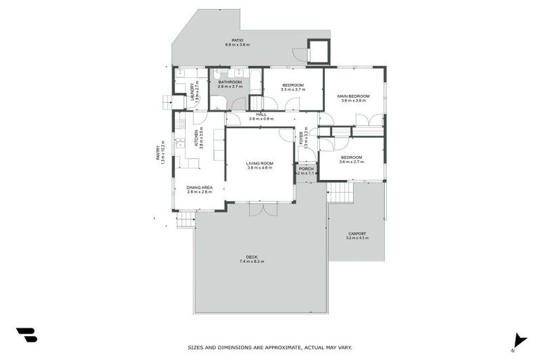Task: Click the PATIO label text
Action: tap(238, 40)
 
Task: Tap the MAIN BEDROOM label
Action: tap(353, 96)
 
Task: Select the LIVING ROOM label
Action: tap(259, 163)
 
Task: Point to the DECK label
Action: tap(251, 257)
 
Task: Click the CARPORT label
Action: tap(356, 233)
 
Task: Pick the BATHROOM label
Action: tap(230, 82)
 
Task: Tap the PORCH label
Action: tap(306, 169)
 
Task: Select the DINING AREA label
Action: tap(199, 187)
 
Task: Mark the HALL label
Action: tap(261, 114)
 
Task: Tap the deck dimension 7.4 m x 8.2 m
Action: tap(251, 262)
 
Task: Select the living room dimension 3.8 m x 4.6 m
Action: tap(259, 168)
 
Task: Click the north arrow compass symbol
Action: tap(519, 340)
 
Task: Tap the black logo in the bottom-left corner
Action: tap(26, 335)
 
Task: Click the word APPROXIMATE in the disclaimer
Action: tap(288, 347)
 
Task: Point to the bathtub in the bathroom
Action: tap(255, 82)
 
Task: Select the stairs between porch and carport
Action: tap(340, 192)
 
